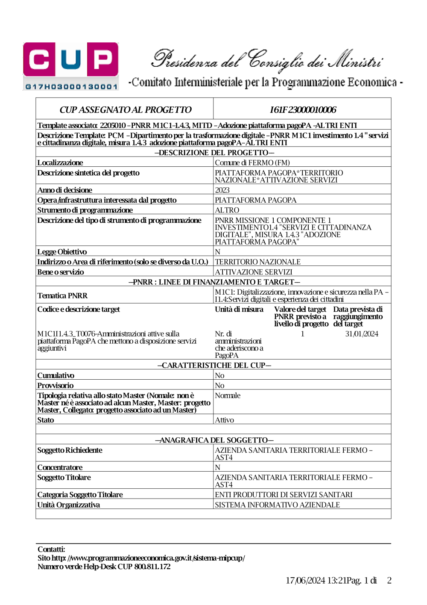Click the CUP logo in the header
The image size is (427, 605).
[71, 66]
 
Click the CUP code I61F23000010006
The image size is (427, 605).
[303, 110]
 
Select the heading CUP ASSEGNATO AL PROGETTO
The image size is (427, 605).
[125, 110]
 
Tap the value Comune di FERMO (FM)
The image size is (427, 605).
[252, 162]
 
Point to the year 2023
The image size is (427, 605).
[222, 190]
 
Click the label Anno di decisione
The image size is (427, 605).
[64, 190]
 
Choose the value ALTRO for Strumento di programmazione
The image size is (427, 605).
[227, 210]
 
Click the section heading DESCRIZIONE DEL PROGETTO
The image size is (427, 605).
[214, 153]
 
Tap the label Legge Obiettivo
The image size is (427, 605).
[62, 252]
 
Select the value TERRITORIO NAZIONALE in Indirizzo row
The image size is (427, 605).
[257, 262]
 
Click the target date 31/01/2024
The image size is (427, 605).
[362, 333]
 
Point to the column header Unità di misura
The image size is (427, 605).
[239, 309]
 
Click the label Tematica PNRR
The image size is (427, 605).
[62, 295]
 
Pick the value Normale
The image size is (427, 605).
[228, 395]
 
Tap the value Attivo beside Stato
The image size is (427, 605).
[224, 420]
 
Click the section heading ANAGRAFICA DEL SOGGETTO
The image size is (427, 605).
[214, 440]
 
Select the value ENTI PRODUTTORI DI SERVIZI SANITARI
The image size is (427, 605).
[284, 494]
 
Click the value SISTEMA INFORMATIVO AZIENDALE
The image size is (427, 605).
[277, 505]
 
